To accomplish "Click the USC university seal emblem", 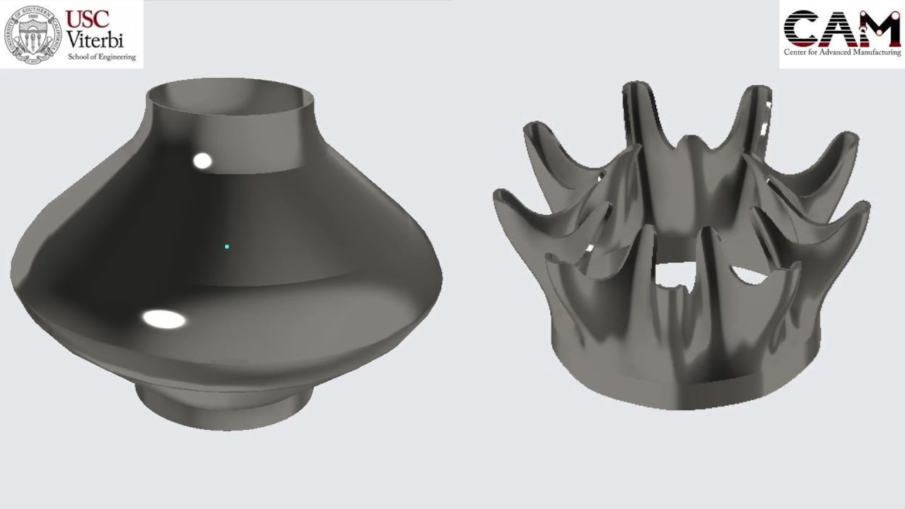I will pyautogui.click(x=33, y=34).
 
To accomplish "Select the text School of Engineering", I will pyautogui.click(x=101, y=57).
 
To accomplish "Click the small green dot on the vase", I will pyautogui.click(x=227, y=247).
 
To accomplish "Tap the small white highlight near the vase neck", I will pyautogui.click(x=202, y=161).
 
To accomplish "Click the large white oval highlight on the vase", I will pyautogui.click(x=164, y=320).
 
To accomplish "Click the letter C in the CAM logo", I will pyautogui.click(x=802, y=28).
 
